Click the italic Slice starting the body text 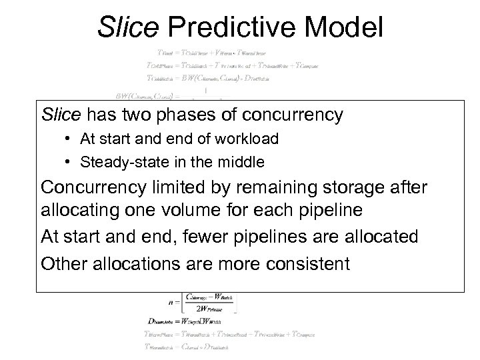pyautogui.click(x=61, y=115)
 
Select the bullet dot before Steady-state pyautogui.click(x=69, y=161)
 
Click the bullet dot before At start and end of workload pyautogui.click(x=69, y=140)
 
